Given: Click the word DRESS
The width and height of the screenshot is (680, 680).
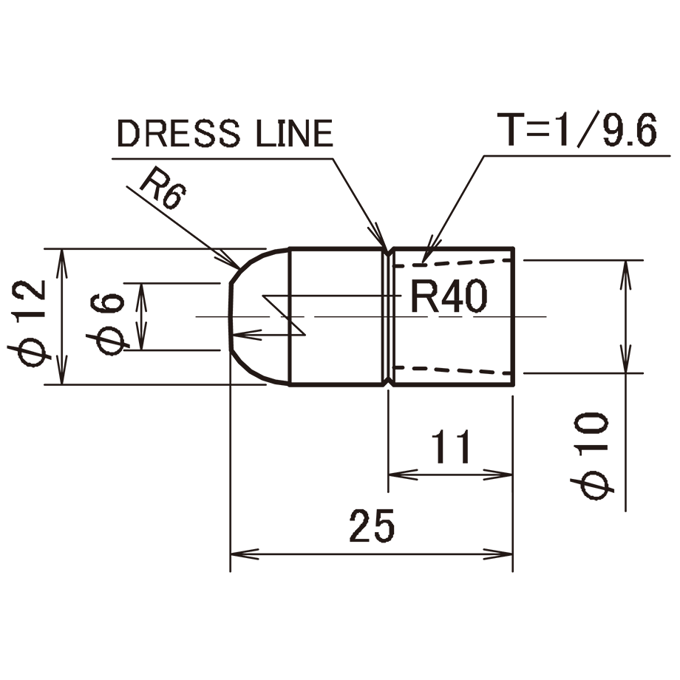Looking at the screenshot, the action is (x=179, y=133).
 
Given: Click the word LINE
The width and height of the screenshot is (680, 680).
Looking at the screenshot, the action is (x=294, y=133).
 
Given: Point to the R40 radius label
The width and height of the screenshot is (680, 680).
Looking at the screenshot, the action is (x=449, y=296).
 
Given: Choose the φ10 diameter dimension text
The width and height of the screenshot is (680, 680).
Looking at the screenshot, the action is (x=591, y=455).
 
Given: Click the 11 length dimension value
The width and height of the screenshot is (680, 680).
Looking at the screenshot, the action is (x=451, y=446).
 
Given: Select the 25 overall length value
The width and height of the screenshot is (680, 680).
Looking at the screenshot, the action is (x=372, y=526).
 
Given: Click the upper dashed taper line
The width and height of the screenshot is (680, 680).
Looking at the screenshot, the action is (x=454, y=263).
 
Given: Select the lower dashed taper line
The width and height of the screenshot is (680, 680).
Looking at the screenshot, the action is (x=454, y=370).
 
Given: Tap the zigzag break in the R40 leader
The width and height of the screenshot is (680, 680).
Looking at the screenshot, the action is (x=284, y=316).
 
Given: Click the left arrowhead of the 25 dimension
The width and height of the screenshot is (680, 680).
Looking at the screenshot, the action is (x=244, y=554).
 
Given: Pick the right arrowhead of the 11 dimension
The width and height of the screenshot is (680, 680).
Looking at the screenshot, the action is (x=498, y=475).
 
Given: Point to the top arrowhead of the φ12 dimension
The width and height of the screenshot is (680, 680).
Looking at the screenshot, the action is (x=62, y=263).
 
